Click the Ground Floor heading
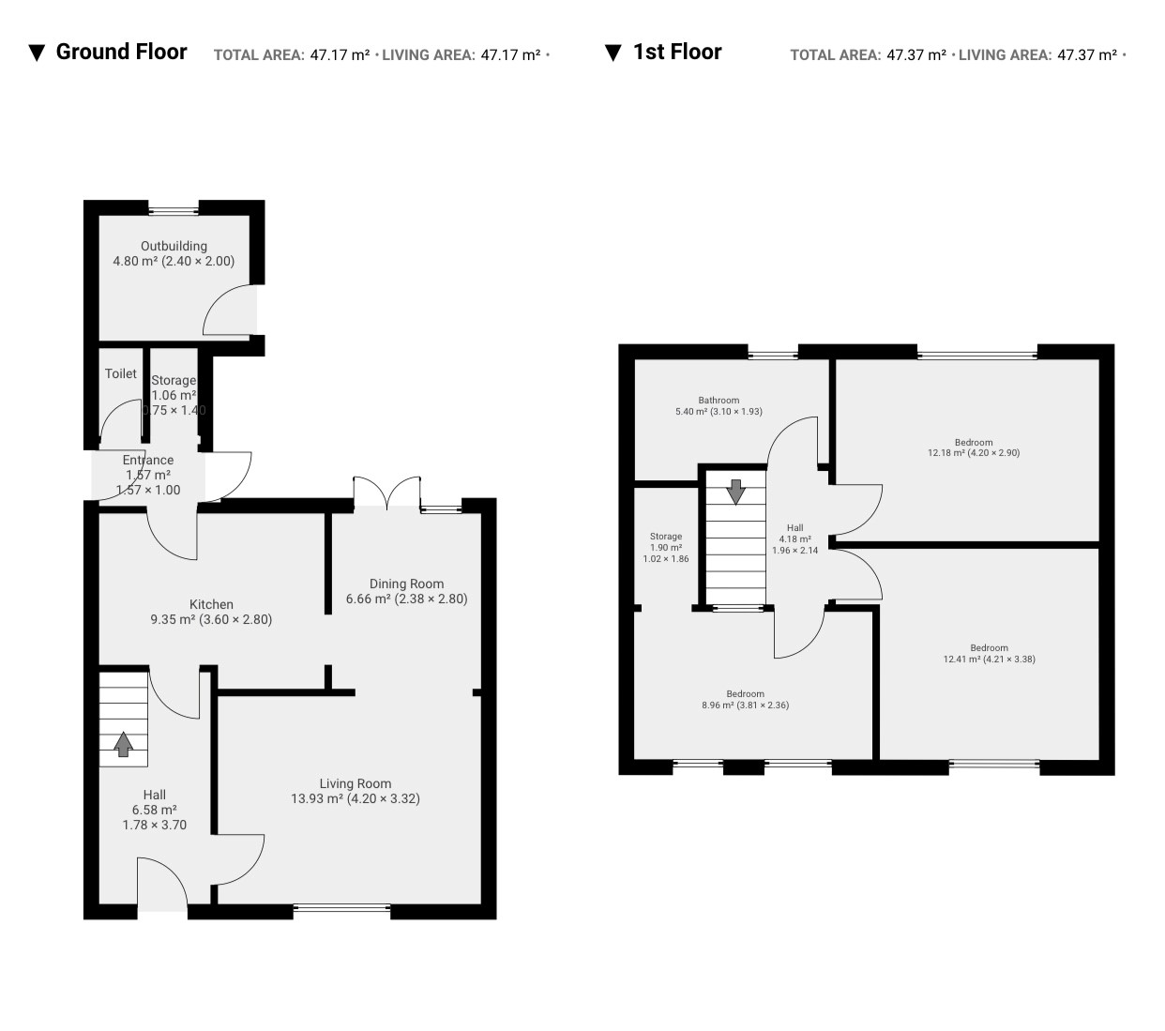121,52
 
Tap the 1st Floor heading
677,52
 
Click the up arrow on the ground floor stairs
123,744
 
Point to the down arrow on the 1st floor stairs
735,492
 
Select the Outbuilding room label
174,246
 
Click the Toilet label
121,373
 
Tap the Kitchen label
211,604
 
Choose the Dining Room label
406,584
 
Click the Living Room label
355,783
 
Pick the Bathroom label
719,401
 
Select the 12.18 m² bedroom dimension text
973,452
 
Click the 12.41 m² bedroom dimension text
989,659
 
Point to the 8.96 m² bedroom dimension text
745,705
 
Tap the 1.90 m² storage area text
665,548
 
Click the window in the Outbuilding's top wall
174,211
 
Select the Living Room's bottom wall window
341,908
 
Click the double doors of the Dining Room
386,493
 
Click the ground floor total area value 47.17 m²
340,55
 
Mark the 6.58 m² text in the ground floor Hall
154,810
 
